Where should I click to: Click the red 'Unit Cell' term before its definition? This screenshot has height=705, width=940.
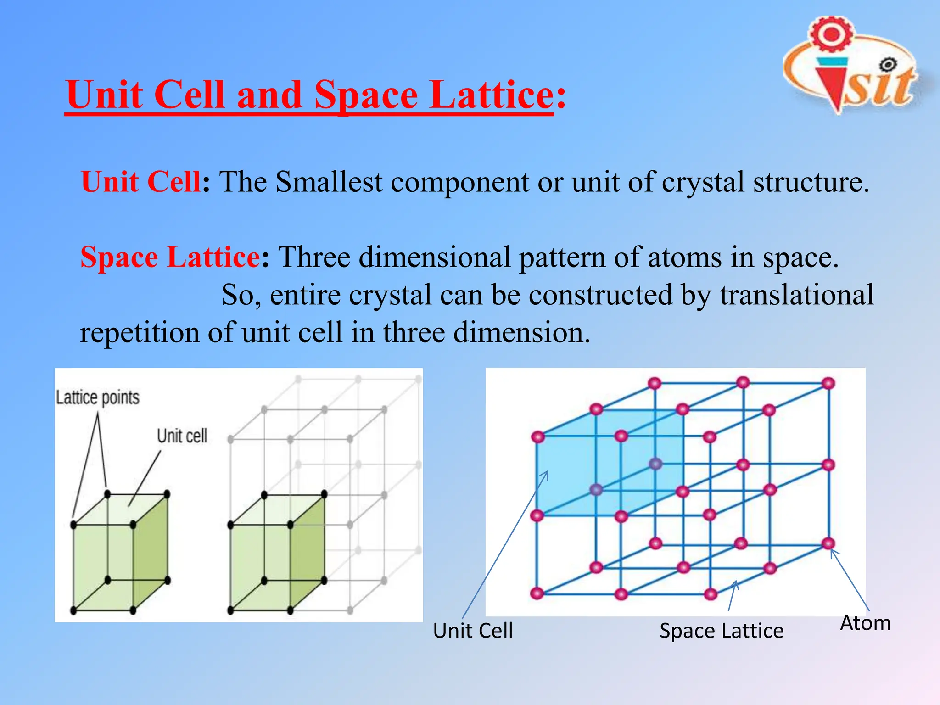pyautogui.click(x=140, y=182)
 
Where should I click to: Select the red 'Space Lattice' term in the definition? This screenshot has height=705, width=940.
pyautogui.click(x=170, y=257)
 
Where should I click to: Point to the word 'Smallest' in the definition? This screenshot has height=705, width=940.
pyautogui.click(x=329, y=182)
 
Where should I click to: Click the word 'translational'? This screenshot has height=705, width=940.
pyautogui.click(x=796, y=295)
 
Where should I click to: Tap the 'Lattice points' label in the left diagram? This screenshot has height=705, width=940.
pyautogui.click(x=97, y=397)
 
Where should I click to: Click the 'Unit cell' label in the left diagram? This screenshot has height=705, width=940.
pyautogui.click(x=182, y=436)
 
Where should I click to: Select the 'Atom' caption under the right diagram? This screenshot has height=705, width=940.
pyautogui.click(x=865, y=623)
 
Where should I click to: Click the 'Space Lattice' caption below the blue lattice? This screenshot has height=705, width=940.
pyautogui.click(x=721, y=631)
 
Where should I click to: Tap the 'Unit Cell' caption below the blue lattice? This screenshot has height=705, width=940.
pyautogui.click(x=473, y=631)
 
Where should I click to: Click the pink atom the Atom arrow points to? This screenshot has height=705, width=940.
pyautogui.click(x=828, y=544)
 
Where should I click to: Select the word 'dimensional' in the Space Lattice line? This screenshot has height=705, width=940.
pyautogui.click(x=434, y=257)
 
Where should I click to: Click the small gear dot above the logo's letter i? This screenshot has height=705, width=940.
pyautogui.click(x=889, y=65)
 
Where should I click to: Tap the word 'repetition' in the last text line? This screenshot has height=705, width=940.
pyautogui.click(x=140, y=332)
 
